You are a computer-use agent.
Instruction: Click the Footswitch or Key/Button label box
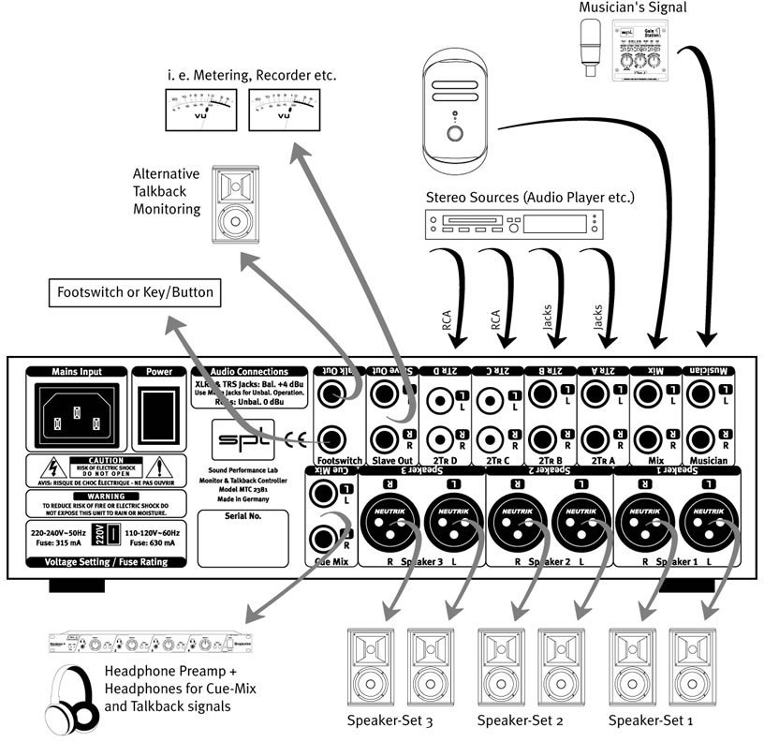pos(134,292)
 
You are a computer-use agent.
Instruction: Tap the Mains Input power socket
pos(77,411)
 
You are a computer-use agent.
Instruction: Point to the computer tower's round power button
pos(456,132)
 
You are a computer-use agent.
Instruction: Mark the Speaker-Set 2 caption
pos(520,721)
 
